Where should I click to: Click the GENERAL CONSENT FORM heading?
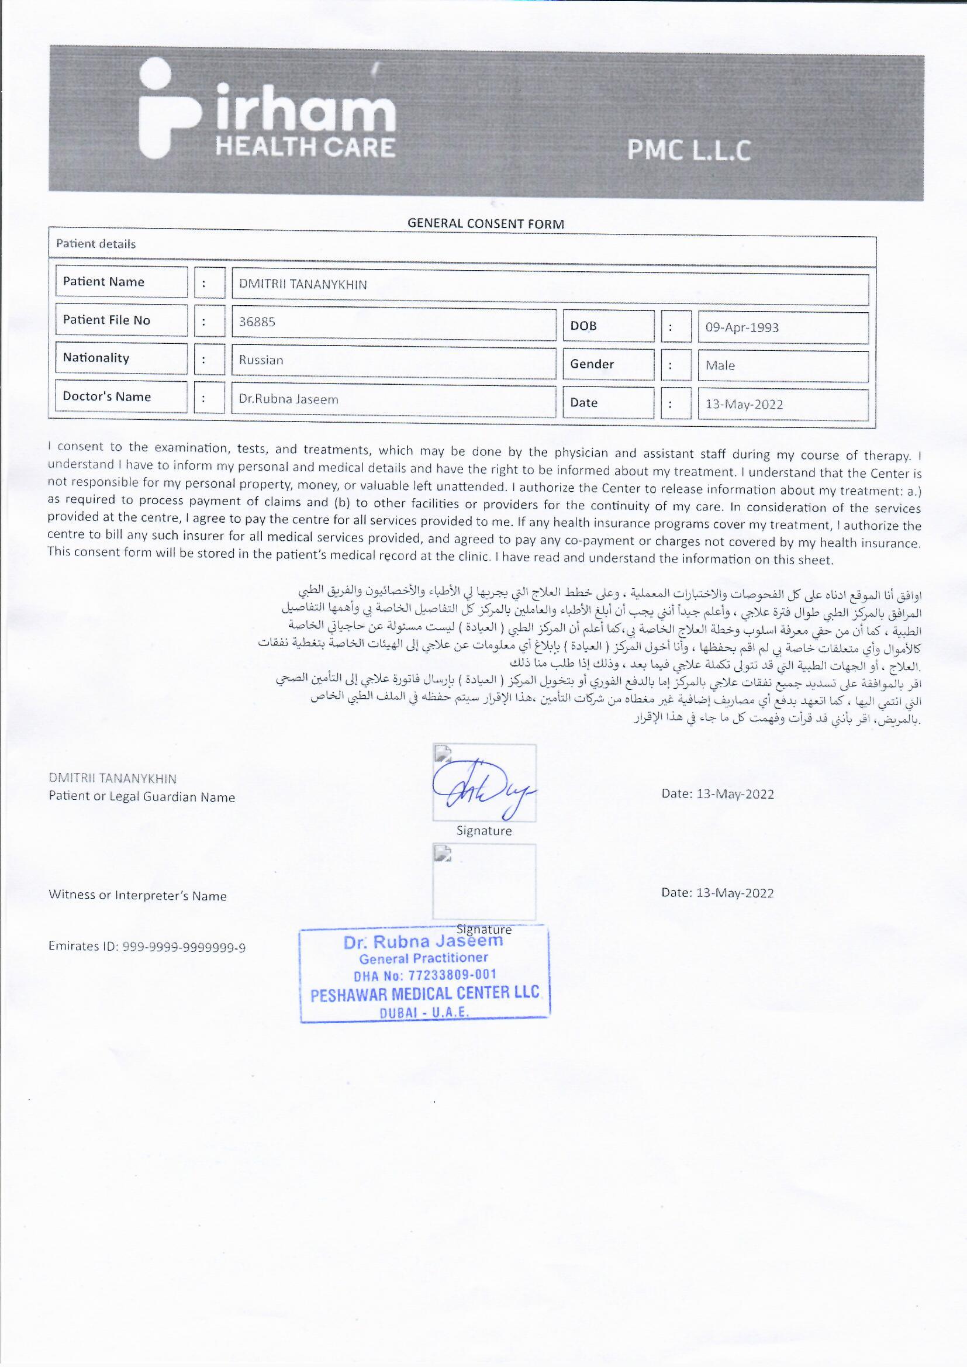[x=485, y=224]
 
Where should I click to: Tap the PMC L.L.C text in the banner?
[x=688, y=151]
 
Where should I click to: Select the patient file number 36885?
[x=257, y=322]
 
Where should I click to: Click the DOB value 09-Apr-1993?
[x=742, y=327]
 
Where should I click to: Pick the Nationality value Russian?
[x=261, y=360]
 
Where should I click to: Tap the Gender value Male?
[x=720, y=365]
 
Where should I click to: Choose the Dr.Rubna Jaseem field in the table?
[x=288, y=399]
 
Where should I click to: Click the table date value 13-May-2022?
[x=744, y=404]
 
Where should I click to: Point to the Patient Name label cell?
[x=104, y=282]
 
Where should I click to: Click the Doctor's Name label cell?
[x=107, y=396]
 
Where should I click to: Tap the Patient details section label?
[x=96, y=243]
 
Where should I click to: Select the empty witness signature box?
[x=483, y=882]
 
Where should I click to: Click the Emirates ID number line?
[x=147, y=947]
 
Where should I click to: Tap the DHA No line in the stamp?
[x=424, y=975]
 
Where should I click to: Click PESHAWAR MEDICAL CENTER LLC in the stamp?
[x=424, y=993]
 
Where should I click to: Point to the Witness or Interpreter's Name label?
[x=137, y=896]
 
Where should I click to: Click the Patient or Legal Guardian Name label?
[x=141, y=797]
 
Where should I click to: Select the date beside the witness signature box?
[x=717, y=893]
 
